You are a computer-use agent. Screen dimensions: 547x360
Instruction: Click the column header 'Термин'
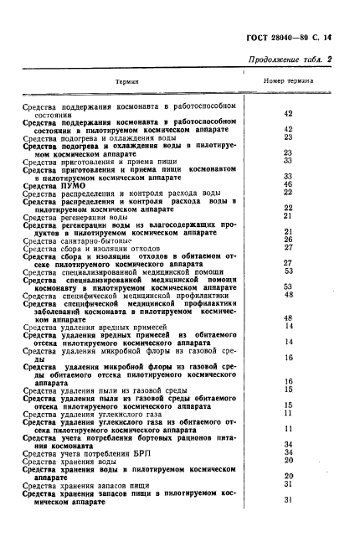(x=126, y=82)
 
